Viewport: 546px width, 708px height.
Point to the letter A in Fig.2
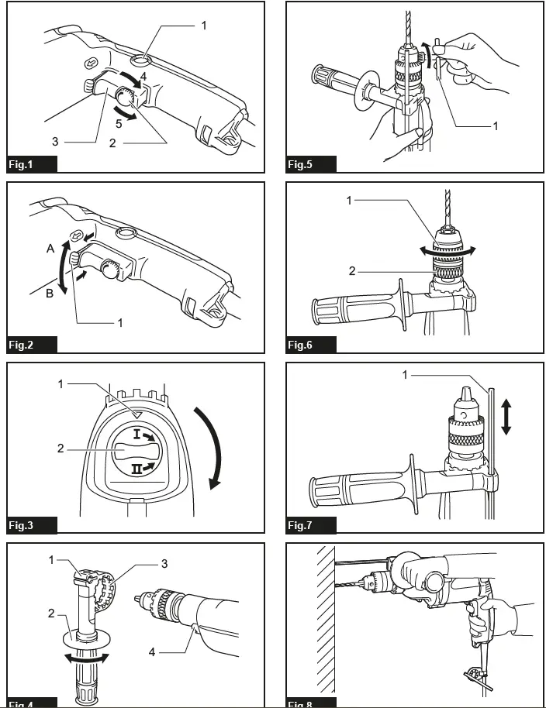(x=50, y=249)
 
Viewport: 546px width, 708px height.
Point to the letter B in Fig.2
(x=50, y=293)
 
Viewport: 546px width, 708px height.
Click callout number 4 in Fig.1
(x=143, y=77)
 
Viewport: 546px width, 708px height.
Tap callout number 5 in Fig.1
(x=119, y=123)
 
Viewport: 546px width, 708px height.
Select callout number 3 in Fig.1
(x=55, y=141)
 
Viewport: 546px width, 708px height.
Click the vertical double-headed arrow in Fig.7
(x=506, y=416)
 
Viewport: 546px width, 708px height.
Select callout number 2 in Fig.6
(x=351, y=271)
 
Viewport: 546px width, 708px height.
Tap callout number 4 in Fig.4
(x=152, y=651)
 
